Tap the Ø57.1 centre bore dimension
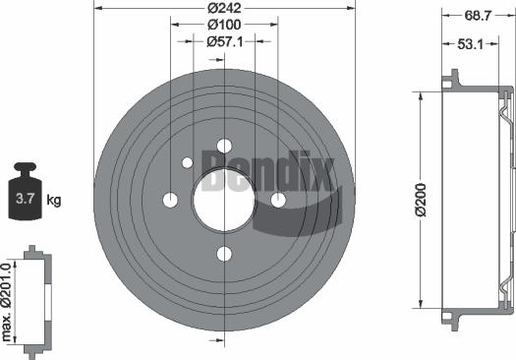(226, 41)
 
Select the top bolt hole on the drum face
(224, 146)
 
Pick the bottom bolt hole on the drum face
(224, 255)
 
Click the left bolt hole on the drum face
(170, 201)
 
